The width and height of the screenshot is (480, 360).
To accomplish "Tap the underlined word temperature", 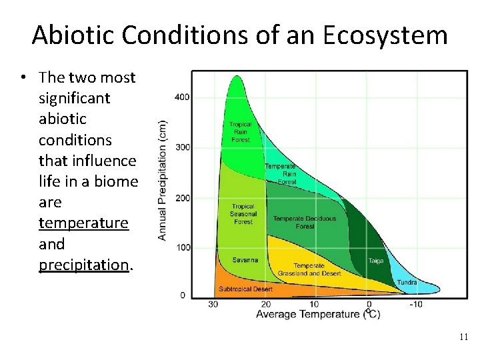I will click(83, 223).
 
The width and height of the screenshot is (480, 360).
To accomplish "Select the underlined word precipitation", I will click(84, 265).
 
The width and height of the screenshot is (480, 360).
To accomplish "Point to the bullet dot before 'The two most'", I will click(23, 77).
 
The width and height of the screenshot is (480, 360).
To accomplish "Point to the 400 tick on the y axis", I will click(182, 97).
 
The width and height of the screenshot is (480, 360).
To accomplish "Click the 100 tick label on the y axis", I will click(182, 247).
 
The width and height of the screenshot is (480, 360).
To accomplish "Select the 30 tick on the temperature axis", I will click(213, 304).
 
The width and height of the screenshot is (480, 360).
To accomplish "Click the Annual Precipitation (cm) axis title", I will click(163, 180).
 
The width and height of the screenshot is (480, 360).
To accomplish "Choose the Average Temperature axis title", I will click(317, 314).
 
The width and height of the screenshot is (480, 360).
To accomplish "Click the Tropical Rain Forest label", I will click(241, 132).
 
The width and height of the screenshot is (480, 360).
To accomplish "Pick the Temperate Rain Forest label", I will click(281, 174).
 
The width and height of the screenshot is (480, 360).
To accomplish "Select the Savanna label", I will click(245, 259).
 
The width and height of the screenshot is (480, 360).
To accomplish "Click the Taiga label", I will click(376, 261).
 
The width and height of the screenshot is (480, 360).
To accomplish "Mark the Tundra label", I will click(407, 283).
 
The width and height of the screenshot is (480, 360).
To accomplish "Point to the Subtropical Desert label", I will click(246, 289).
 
